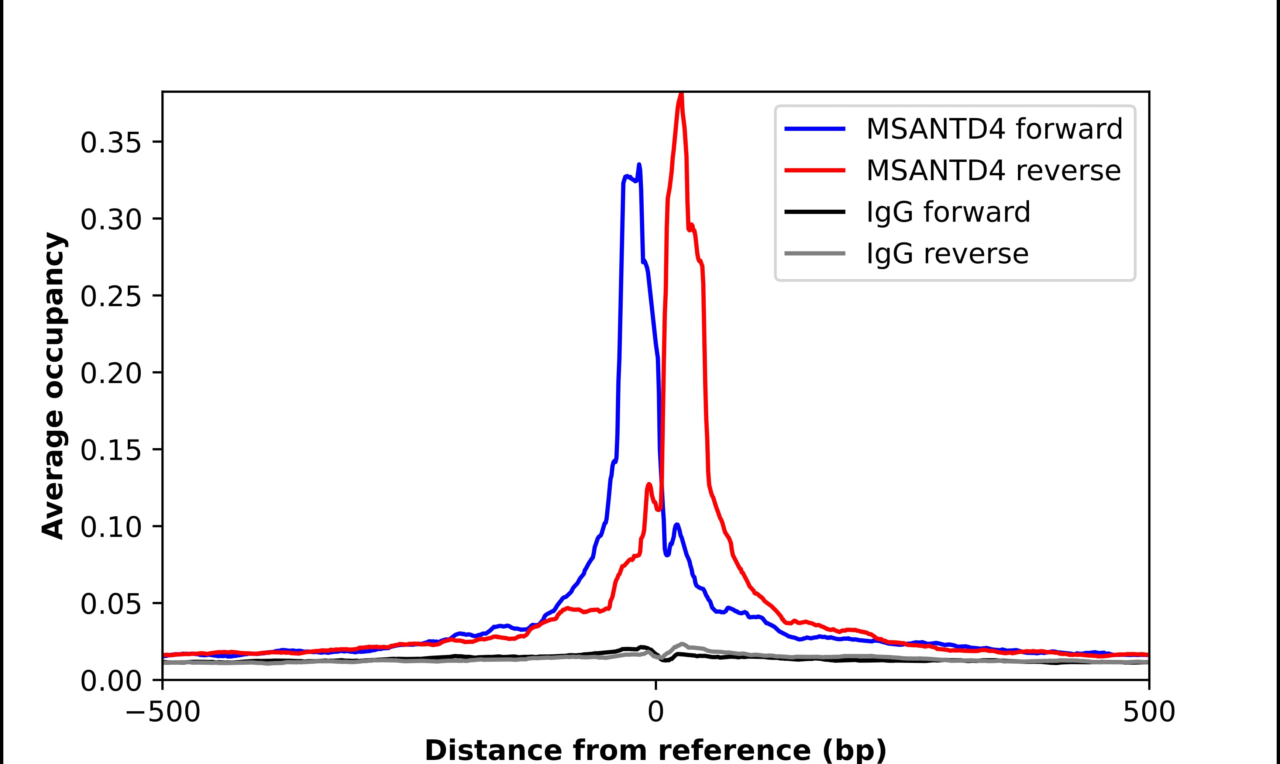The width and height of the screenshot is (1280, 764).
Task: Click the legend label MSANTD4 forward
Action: click(x=994, y=129)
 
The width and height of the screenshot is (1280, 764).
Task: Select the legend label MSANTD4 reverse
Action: click(x=993, y=171)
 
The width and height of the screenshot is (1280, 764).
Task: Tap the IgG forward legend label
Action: click(x=948, y=212)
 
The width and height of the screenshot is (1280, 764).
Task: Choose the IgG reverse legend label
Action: click(x=947, y=254)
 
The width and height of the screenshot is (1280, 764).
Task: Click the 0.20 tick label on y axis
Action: click(x=111, y=373)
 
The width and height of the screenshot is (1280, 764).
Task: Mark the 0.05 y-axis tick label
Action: click(x=111, y=603)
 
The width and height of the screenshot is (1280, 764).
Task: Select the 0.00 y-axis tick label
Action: click(x=111, y=681)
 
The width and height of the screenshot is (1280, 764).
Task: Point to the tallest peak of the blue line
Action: click(x=639, y=165)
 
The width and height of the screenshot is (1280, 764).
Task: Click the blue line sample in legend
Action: click(x=815, y=129)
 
